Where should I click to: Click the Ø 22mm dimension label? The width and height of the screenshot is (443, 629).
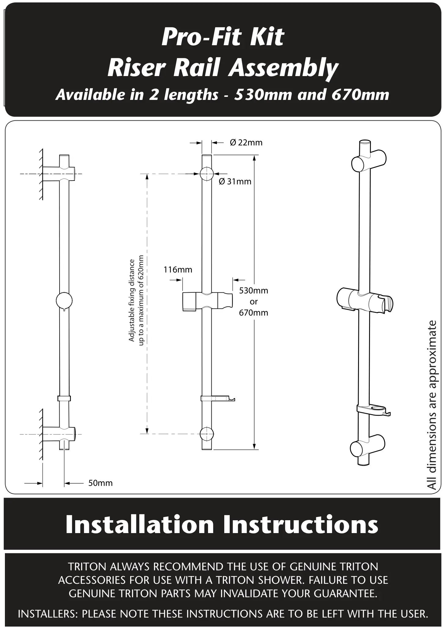(x=246, y=143)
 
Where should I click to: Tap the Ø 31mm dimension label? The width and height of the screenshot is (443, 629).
(x=235, y=181)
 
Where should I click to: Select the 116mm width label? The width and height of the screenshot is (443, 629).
(x=178, y=269)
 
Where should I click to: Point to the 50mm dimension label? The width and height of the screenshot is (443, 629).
(x=100, y=483)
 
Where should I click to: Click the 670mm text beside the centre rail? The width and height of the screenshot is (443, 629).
(x=254, y=313)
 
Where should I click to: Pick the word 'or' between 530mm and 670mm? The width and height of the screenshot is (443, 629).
(x=254, y=302)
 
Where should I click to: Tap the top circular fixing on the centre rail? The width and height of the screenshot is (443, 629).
(x=207, y=174)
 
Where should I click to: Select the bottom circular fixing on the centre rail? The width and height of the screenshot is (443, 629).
(x=207, y=433)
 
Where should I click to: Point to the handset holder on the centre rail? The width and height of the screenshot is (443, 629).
(x=207, y=302)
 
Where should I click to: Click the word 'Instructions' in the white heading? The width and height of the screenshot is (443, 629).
(x=300, y=525)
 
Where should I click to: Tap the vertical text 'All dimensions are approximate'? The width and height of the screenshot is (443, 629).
(x=432, y=405)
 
